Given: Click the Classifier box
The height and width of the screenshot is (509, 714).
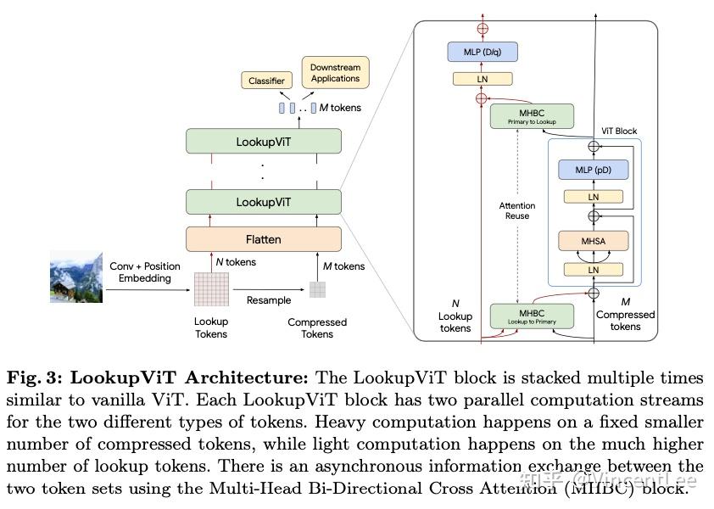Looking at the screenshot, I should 266,81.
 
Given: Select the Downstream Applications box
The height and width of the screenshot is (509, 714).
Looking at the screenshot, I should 335,73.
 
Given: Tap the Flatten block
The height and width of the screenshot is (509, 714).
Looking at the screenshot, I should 263,239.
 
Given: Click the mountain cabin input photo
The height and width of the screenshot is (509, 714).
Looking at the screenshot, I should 76,277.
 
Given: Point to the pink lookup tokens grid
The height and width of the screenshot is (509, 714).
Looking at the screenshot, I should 211,288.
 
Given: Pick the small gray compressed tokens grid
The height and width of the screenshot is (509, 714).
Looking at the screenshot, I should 317,289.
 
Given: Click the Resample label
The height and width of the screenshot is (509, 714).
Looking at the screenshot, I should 268,300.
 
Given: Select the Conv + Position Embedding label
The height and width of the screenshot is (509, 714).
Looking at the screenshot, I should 145,272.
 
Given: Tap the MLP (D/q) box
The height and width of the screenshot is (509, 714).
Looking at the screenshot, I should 483,53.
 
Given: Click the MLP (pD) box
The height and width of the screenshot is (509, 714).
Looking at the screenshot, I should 594,170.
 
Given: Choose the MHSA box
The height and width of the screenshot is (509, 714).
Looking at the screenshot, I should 594,242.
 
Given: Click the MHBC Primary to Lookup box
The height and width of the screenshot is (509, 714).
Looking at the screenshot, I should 532,116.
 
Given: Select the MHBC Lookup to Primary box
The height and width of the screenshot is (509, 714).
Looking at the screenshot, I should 532,316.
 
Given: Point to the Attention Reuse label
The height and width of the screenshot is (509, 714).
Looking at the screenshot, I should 517,210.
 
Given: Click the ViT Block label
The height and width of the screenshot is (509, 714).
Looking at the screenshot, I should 619,131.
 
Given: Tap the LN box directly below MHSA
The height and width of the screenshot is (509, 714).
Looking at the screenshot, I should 594,270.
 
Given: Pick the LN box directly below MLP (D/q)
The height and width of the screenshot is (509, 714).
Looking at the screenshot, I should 483,79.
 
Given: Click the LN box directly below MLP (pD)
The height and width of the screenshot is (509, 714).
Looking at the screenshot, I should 594,197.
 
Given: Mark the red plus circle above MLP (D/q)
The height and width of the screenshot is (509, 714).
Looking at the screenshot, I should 483,28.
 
